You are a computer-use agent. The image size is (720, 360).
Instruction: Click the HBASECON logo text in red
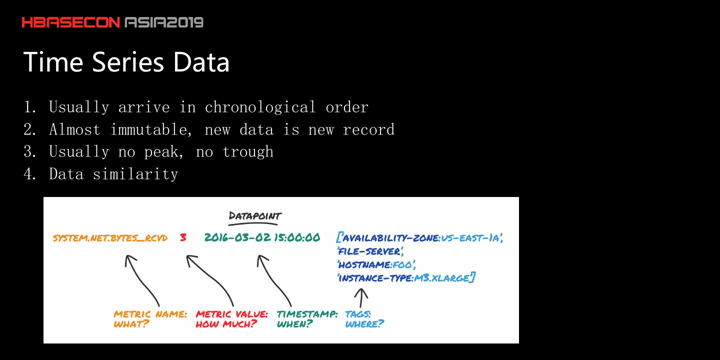[x=71, y=22]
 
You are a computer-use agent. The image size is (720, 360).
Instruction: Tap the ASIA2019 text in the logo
[x=164, y=22]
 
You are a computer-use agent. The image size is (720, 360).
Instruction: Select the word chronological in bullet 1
[x=260, y=107]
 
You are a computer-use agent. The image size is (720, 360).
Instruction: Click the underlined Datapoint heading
[x=255, y=216]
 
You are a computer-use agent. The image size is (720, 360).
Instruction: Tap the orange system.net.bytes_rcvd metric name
[x=110, y=237]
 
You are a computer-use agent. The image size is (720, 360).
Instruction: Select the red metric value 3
[x=183, y=237]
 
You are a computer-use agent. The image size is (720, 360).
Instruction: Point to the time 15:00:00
[x=296, y=237]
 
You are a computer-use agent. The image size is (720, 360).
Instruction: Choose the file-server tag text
[x=370, y=251]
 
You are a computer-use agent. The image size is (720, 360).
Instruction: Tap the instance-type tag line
[x=406, y=277]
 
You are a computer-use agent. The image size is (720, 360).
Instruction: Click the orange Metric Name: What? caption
[x=150, y=319]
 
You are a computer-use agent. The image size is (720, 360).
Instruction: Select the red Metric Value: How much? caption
[x=231, y=319]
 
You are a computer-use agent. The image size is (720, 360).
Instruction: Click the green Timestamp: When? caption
[x=307, y=319]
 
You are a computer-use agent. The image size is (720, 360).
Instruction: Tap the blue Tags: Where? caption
[x=364, y=319]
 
